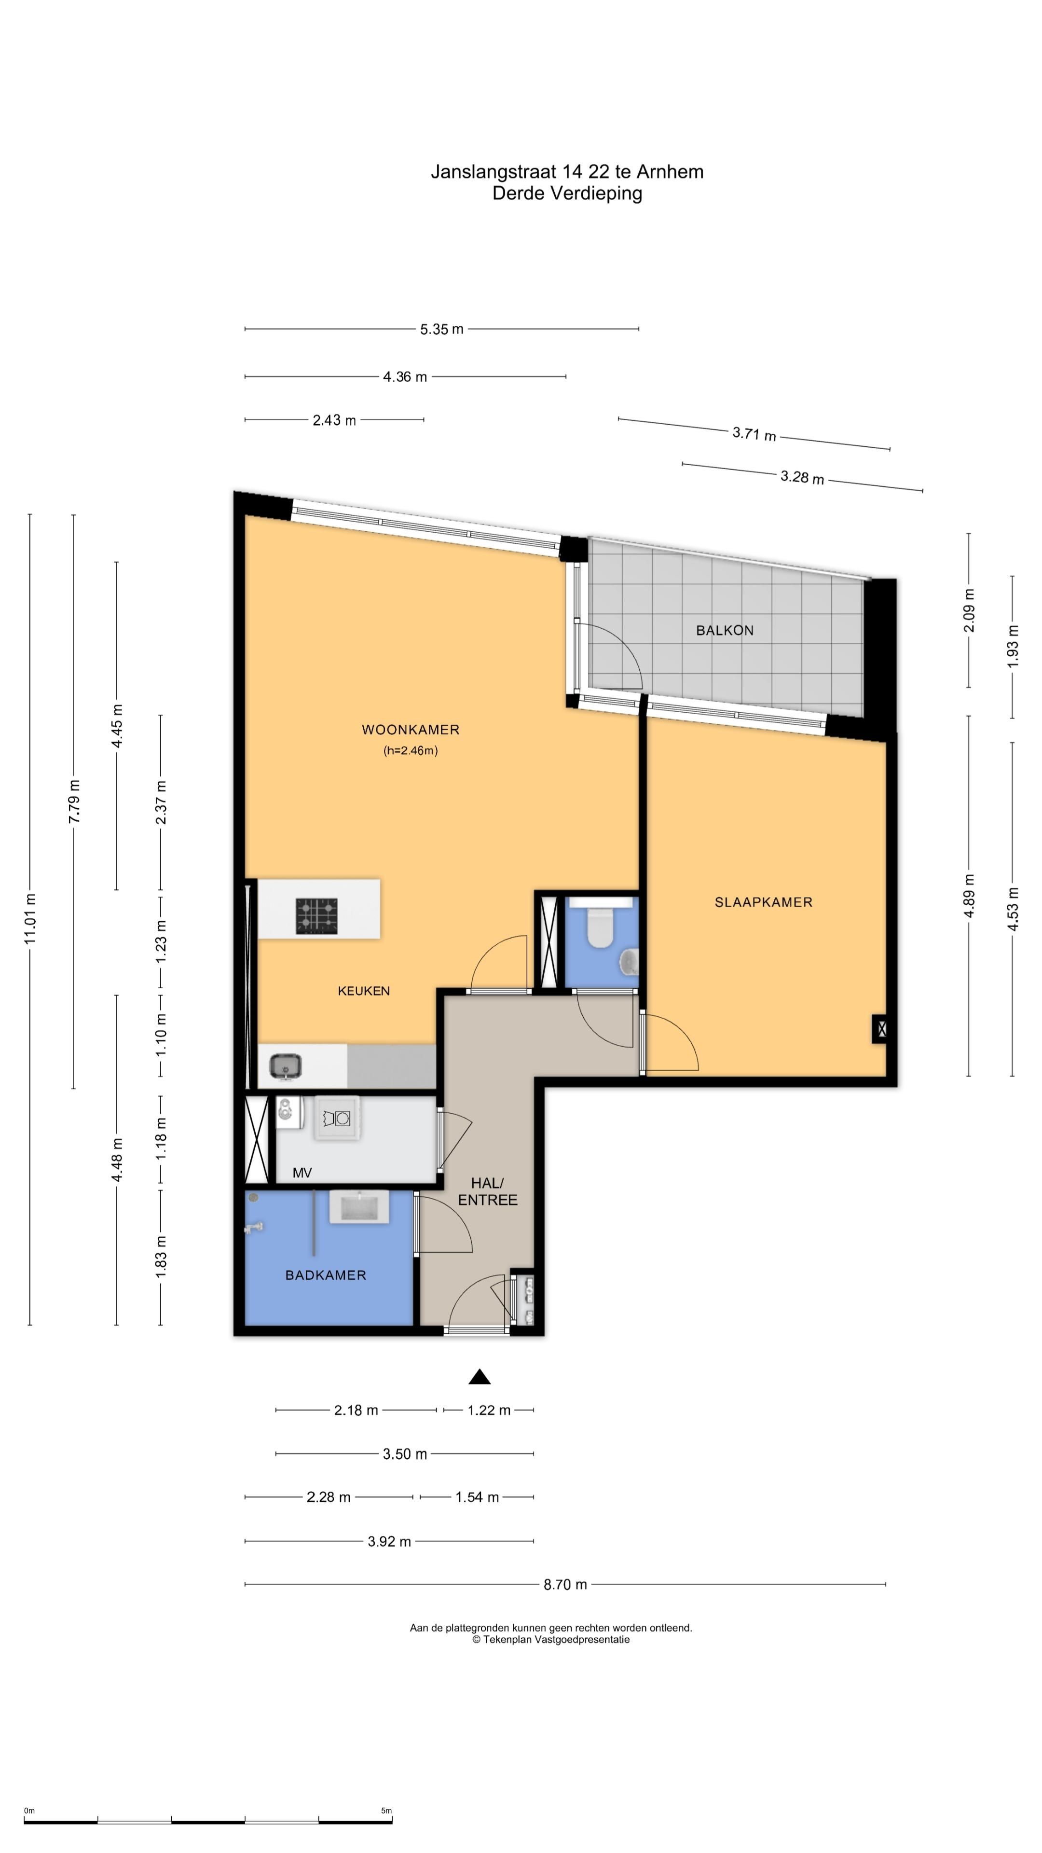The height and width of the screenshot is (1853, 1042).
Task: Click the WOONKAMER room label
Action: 410,730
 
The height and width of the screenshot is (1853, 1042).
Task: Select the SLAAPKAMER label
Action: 763,902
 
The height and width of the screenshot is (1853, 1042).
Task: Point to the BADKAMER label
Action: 326,1275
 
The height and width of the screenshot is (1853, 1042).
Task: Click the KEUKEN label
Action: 364,991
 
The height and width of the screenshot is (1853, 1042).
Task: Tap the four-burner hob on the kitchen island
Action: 316,916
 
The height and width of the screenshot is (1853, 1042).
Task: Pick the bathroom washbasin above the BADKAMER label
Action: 359,1206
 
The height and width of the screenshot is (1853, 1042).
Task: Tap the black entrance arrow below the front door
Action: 480,1376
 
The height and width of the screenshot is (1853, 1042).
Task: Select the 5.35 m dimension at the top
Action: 441,330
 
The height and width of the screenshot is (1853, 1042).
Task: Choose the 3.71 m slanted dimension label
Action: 754,434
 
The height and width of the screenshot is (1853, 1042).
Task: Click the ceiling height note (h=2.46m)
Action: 410,751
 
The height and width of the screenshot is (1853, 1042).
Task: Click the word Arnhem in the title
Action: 670,172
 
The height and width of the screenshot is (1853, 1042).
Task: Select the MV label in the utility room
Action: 302,1173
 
